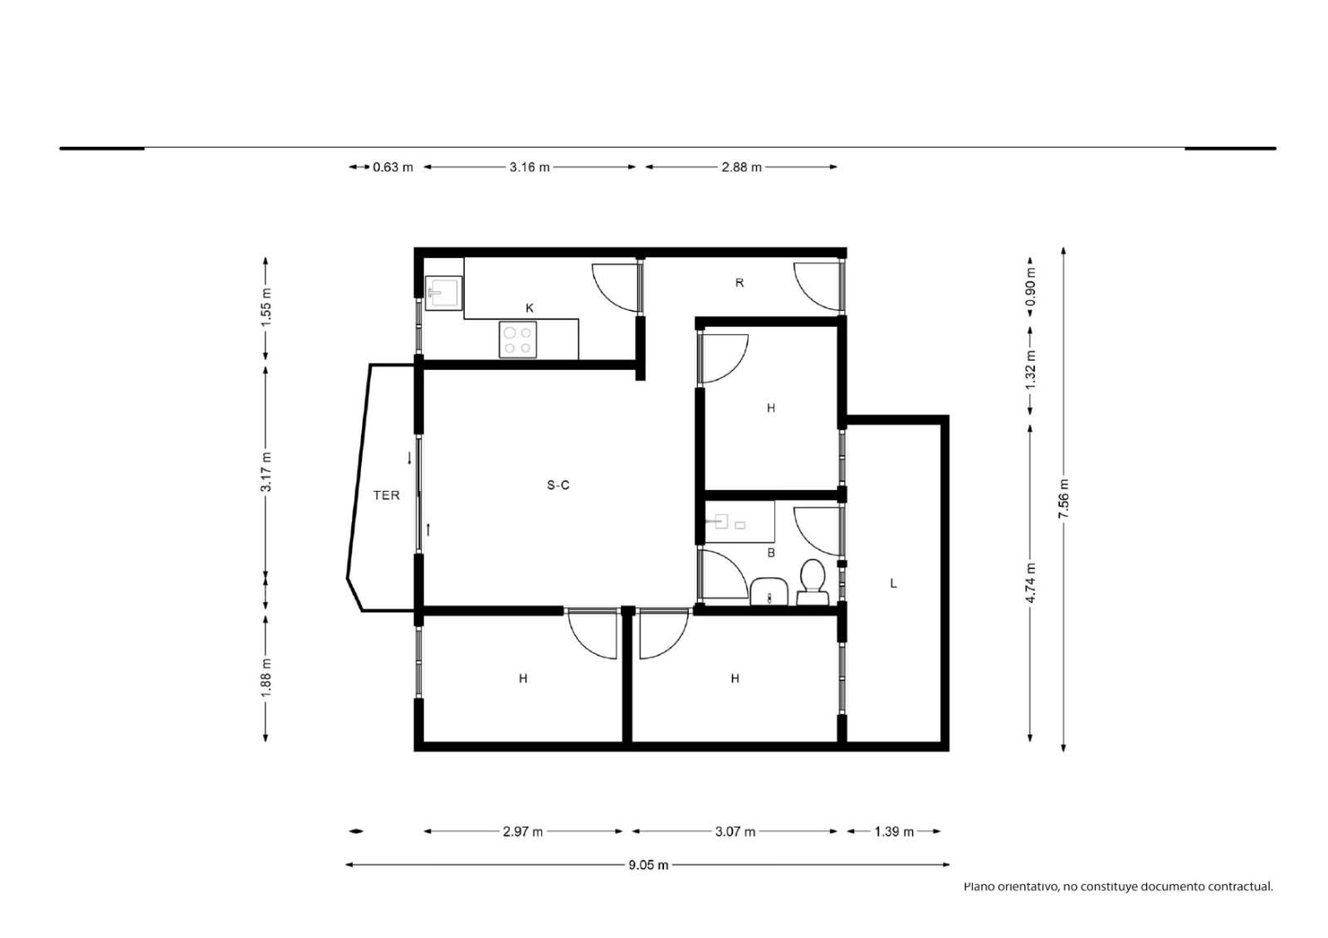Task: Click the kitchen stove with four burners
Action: coord(518,339)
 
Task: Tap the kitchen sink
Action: coord(443,293)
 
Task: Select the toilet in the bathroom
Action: coord(813,582)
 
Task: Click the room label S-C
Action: coord(558,485)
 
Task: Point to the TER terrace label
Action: coord(387,495)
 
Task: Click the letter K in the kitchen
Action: coord(530,309)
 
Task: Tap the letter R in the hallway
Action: coord(740,283)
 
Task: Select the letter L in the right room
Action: coord(893,584)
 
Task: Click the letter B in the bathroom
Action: coord(771,553)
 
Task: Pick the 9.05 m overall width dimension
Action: coord(648,865)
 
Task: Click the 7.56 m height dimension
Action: coord(1063,498)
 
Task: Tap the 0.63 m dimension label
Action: coord(393,167)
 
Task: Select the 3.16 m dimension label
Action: coord(530,167)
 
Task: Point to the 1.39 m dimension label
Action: coord(894,832)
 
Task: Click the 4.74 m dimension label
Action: coord(1030,583)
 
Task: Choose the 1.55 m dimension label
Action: coord(266,306)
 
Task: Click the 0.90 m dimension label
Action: coord(1030,287)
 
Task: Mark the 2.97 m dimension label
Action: coord(523,832)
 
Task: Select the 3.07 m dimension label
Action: coord(735,832)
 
